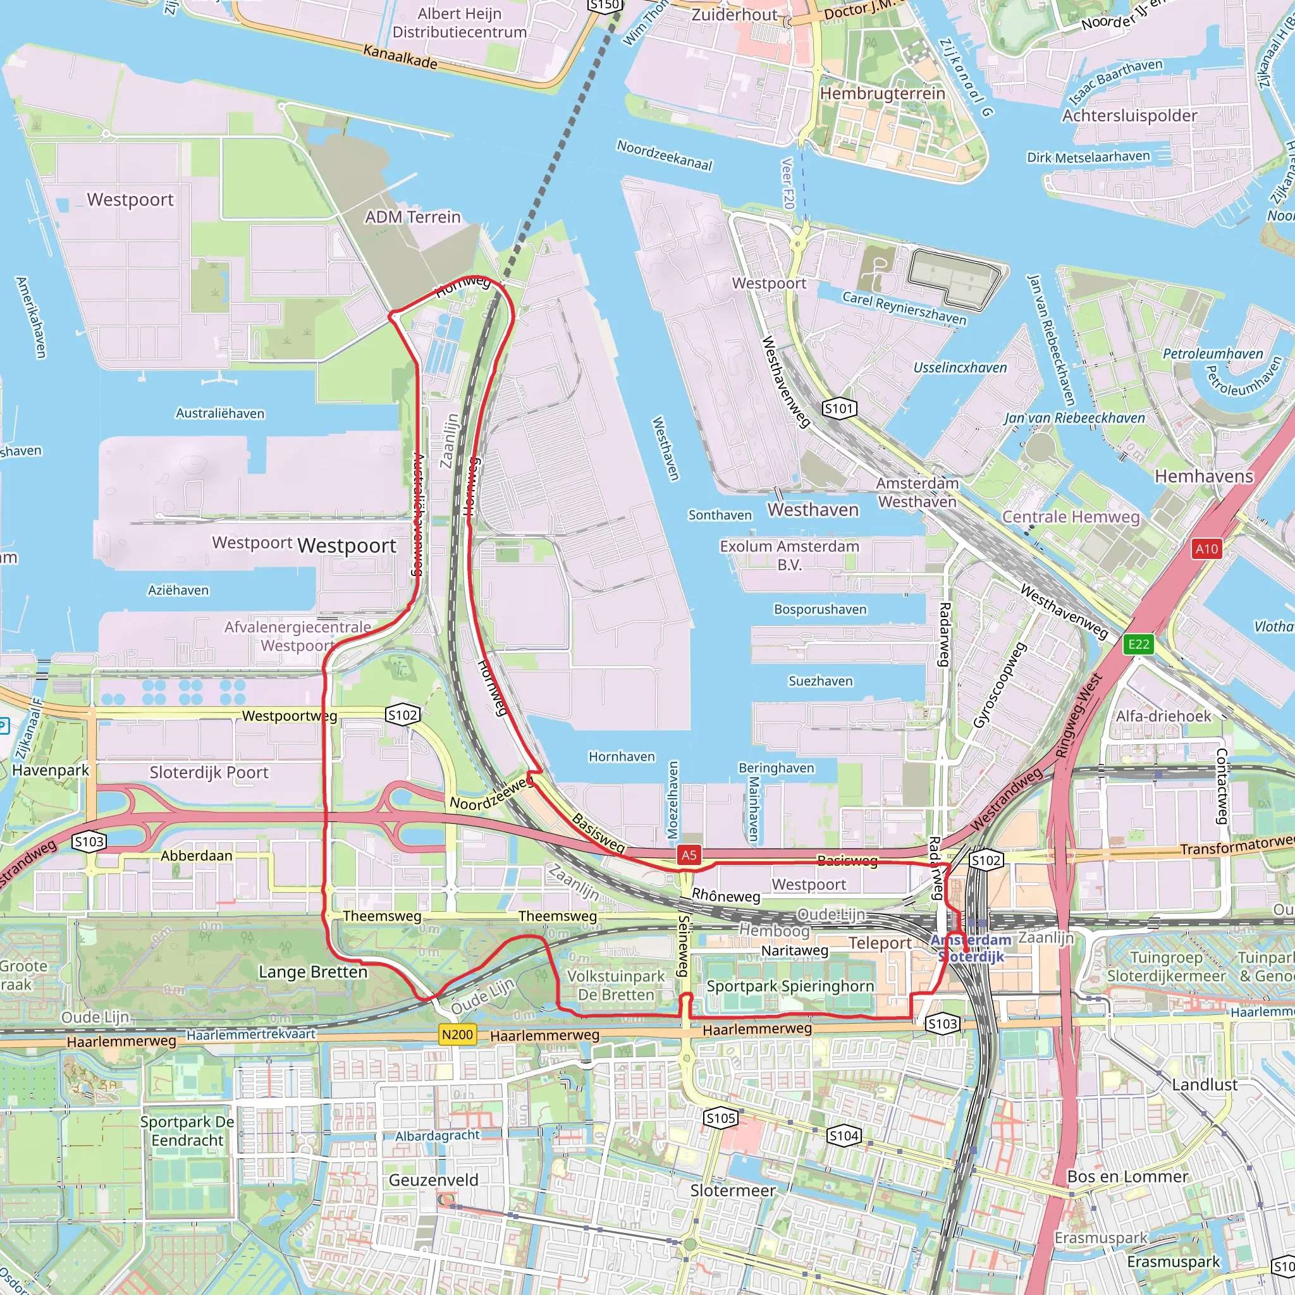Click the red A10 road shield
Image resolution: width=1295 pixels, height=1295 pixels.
[1206, 549]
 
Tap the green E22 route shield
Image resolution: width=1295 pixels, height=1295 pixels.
[1139, 644]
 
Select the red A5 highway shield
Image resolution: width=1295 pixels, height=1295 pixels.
[689, 855]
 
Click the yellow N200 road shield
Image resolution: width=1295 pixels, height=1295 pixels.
[458, 1034]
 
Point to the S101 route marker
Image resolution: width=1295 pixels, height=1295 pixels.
[839, 408]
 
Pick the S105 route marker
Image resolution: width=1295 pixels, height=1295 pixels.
[721, 1118]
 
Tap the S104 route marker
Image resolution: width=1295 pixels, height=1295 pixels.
[844, 1136]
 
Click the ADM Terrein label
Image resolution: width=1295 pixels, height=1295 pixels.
[413, 217]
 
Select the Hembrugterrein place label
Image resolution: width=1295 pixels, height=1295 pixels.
[882, 93]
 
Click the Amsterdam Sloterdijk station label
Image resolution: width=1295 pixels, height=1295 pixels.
[971, 948]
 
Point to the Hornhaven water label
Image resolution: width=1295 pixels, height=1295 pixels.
[622, 756]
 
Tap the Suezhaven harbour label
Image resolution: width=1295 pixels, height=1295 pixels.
[820, 681]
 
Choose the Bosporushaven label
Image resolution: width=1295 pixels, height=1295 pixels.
[820, 610]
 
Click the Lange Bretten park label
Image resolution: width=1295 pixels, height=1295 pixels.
[313, 972]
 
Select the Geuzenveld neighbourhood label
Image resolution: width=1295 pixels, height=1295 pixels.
[434, 1180]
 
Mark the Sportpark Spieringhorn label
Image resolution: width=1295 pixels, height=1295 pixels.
[790, 986]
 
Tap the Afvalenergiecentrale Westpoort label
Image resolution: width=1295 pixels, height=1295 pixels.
[298, 636]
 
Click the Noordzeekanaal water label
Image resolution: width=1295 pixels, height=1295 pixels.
[665, 156]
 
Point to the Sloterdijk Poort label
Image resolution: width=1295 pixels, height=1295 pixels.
[209, 772]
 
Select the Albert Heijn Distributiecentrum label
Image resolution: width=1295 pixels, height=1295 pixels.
[459, 23]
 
